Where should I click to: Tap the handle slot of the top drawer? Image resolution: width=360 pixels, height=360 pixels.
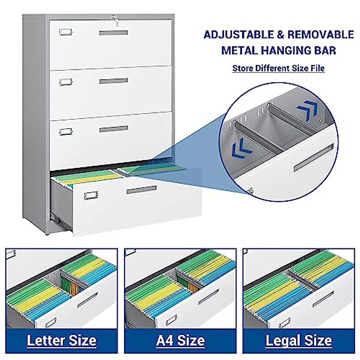tap(113, 33)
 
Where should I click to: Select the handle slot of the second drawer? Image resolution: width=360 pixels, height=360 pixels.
tap(113, 81)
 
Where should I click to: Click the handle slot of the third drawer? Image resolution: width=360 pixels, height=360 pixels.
tap(113, 129)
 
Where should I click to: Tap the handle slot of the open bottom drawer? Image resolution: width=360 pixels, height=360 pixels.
tap(141, 190)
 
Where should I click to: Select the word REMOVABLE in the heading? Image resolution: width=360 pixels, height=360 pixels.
tap(320, 35)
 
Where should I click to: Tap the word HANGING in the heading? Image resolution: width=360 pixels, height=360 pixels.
tap(286, 50)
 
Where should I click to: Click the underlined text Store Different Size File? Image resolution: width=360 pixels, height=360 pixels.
tap(278, 68)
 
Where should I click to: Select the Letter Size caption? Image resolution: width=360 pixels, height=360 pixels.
tap(61, 340)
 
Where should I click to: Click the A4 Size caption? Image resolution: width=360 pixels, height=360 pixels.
tap(180, 340)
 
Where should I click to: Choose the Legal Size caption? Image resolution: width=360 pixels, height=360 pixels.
tap(298, 340)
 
